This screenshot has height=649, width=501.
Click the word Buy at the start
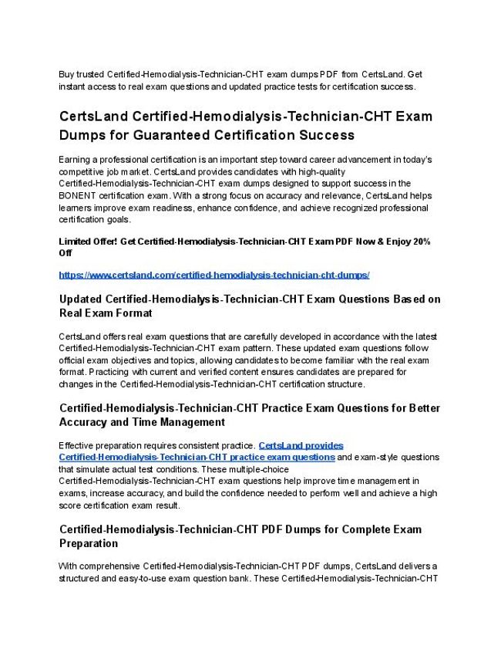pyautogui.click(x=67, y=74)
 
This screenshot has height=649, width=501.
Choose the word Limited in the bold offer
pyautogui.click(x=76, y=242)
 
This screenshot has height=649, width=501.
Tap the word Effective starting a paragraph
pyautogui.click(x=79, y=445)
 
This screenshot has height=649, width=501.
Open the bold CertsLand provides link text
pyautogui.click(x=301, y=445)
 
